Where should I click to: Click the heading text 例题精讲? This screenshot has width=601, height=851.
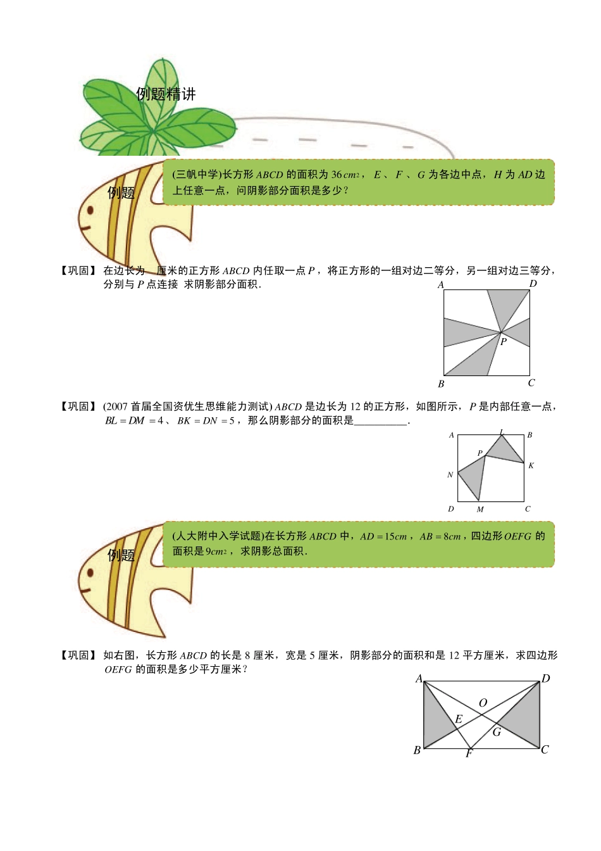[x=166, y=94]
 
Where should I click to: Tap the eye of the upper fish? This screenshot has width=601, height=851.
[x=90, y=210]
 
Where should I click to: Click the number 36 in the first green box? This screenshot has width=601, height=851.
[x=337, y=175]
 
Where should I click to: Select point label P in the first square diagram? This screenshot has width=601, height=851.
[x=504, y=341]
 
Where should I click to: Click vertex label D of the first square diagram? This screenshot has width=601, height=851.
[x=533, y=284]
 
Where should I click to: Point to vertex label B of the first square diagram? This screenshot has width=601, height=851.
[x=441, y=384]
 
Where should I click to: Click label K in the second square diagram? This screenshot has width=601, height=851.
[x=531, y=465]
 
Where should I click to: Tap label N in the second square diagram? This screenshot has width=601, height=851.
[x=450, y=474]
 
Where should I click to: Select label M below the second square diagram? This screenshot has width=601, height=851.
[x=480, y=510]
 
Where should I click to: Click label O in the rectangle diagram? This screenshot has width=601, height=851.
[x=483, y=703]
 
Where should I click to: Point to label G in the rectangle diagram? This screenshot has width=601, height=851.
[x=497, y=732]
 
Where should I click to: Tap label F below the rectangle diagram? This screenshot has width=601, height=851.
[x=469, y=753]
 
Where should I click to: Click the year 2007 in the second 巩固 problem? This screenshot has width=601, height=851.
[x=116, y=407]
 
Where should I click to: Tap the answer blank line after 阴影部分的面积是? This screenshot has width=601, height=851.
[x=380, y=424]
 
